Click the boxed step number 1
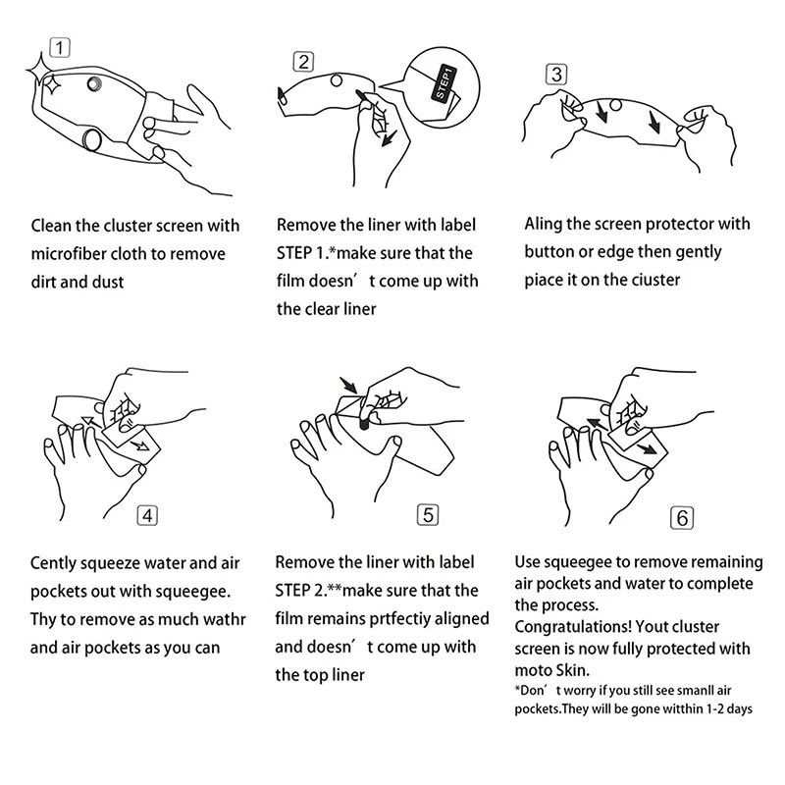click(x=60, y=48)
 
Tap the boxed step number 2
click(x=303, y=62)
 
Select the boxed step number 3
click(x=556, y=75)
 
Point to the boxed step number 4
click(x=147, y=516)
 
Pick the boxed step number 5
click(x=428, y=514)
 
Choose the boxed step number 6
click(x=682, y=518)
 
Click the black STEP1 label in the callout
click(x=445, y=83)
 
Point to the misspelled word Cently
click(x=53, y=563)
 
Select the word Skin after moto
click(x=573, y=670)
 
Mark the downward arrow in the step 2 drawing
click(x=389, y=138)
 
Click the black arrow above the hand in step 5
click(x=348, y=385)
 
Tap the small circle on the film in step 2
click(x=337, y=80)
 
